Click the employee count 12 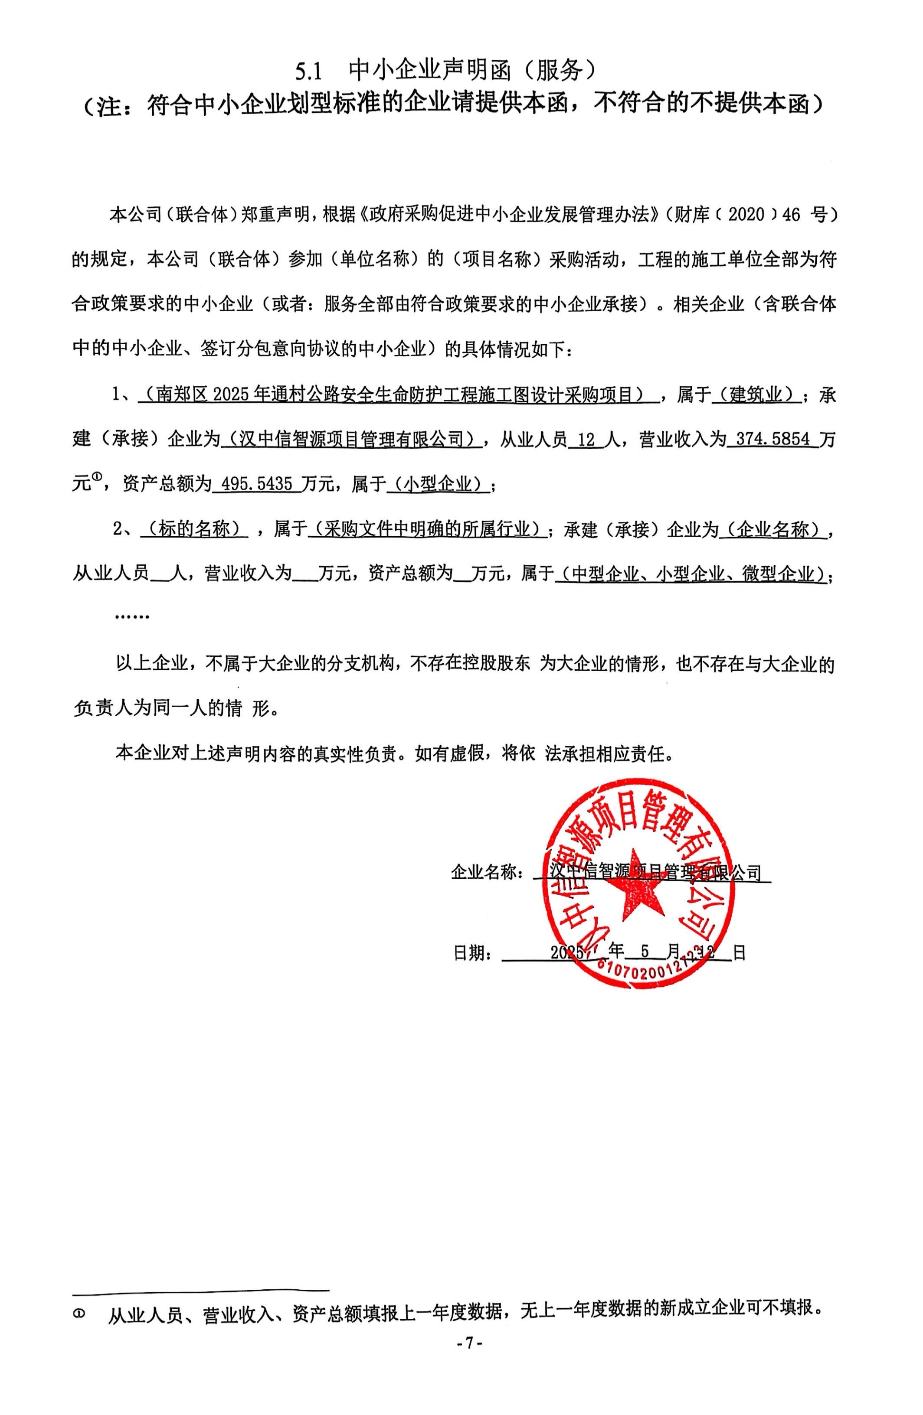[x=586, y=440]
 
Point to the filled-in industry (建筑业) [x=756, y=395]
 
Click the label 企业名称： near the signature [x=487, y=873]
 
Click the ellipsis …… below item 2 [x=132, y=616]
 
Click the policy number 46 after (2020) [x=792, y=215]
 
